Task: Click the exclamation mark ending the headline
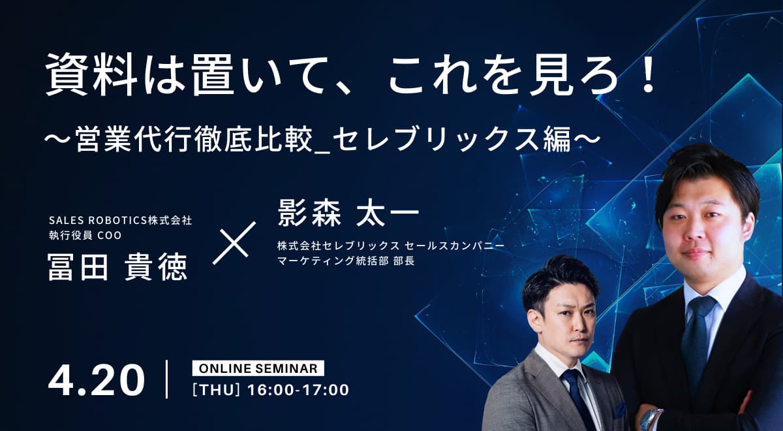click(649, 74)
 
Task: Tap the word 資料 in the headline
click(91, 75)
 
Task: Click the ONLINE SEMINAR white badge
click(258, 368)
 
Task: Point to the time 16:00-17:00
click(298, 390)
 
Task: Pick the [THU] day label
click(217, 390)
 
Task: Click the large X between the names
click(234, 243)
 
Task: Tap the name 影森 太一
click(348, 214)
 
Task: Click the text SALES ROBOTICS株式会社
click(120, 220)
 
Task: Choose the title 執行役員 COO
click(85, 236)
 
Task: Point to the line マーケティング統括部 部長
click(346, 261)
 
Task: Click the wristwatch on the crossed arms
click(652, 420)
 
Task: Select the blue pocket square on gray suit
click(621, 409)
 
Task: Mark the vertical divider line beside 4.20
click(167, 379)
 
